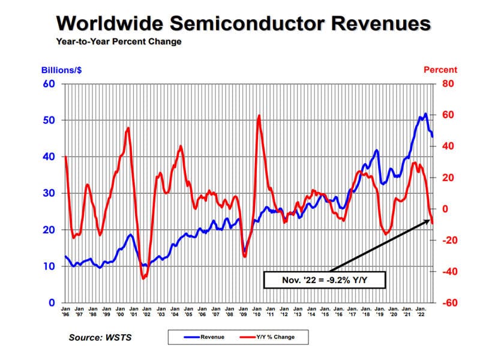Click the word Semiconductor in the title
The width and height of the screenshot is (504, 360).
click(x=247, y=23)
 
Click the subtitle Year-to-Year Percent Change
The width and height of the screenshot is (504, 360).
click(x=118, y=42)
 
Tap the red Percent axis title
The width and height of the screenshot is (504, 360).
click(x=440, y=70)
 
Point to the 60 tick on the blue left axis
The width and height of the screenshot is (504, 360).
click(x=49, y=83)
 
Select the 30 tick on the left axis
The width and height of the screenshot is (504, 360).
click(x=49, y=193)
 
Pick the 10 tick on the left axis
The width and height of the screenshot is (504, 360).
click(x=49, y=266)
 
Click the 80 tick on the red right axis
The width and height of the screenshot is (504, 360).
click(x=449, y=83)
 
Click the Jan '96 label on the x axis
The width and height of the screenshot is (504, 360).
click(x=65, y=311)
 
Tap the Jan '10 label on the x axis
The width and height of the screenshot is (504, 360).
click(x=256, y=311)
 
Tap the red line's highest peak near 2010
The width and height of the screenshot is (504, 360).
click(x=259, y=115)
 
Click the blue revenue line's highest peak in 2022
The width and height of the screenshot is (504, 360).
click(x=425, y=113)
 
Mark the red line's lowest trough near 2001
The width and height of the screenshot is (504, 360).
click(x=143, y=278)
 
